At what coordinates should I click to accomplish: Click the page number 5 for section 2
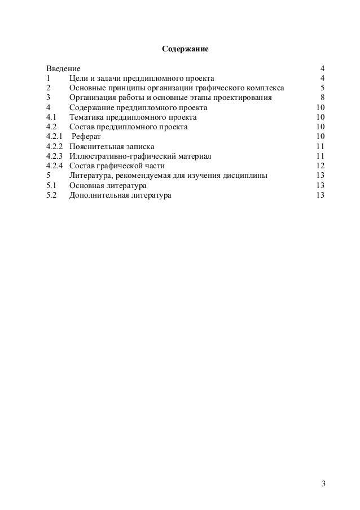[x=322, y=88]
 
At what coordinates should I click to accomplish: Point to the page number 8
[x=322, y=98]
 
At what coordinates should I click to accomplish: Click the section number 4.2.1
[x=55, y=136]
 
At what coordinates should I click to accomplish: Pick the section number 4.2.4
[x=55, y=165]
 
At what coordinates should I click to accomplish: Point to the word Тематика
[x=85, y=117]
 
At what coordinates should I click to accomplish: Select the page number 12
[x=320, y=165]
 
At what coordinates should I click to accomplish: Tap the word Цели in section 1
[x=78, y=79]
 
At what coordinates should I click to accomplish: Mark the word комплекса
[x=266, y=88]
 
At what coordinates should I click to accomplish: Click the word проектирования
[x=240, y=98]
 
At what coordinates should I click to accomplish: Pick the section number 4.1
[x=51, y=117]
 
